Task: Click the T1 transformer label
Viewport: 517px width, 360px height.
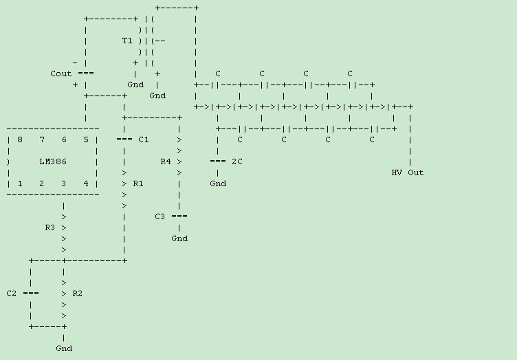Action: point(127,41)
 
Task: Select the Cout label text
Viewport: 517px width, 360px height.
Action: point(61,74)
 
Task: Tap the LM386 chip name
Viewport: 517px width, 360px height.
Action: point(53,161)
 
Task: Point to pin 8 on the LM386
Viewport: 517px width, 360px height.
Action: point(20,139)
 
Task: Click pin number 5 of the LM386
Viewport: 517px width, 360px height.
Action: point(86,139)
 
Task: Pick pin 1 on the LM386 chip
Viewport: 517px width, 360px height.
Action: point(20,183)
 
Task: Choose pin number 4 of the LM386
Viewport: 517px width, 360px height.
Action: point(86,183)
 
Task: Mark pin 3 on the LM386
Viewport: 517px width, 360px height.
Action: point(64,183)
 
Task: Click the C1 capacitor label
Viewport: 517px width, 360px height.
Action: point(144,139)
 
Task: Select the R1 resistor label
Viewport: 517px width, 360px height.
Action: point(138,183)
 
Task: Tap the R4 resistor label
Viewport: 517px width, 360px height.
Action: point(166,161)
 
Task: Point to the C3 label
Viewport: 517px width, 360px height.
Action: point(160,216)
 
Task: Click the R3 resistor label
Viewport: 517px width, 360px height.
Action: point(50,227)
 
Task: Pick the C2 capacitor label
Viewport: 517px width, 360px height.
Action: point(12,293)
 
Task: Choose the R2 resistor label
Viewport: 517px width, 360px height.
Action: point(78,293)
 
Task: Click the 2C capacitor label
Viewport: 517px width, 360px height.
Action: point(237,161)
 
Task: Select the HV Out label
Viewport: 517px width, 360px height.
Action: point(408,172)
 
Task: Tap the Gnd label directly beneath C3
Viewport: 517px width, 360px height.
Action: point(179,238)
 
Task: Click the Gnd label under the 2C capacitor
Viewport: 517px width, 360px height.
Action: point(218,183)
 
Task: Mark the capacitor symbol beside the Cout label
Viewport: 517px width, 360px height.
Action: point(86,74)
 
